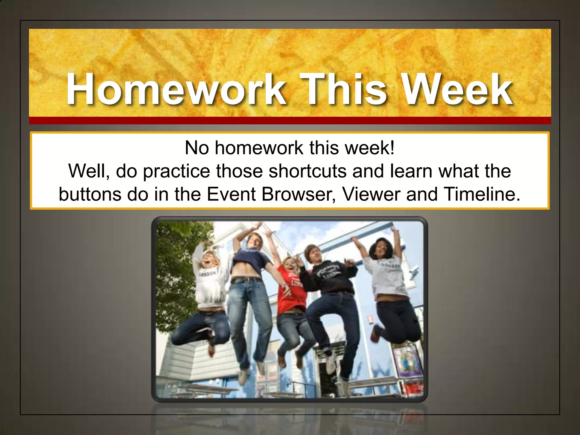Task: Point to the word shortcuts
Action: pos(308,171)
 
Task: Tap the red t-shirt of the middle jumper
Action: pos(292,295)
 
